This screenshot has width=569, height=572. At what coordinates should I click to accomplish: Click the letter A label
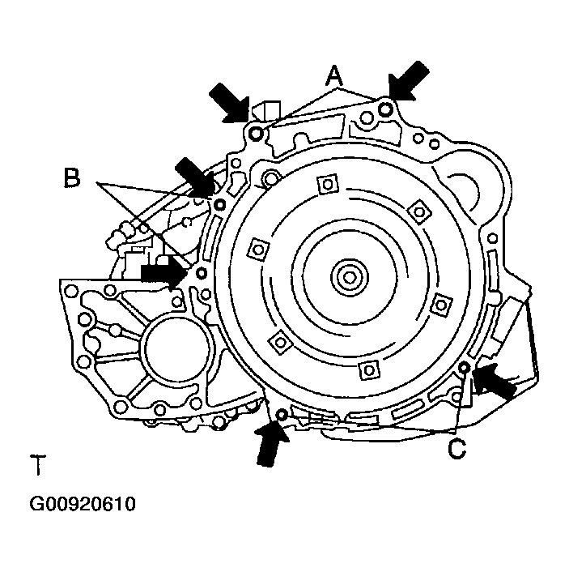pyautogui.click(x=334, y=75)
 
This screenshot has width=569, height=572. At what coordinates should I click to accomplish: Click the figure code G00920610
pyautogui.click(x=83, y=504)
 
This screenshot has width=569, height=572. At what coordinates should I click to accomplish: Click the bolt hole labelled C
pyautogui.click(x=465, y=369)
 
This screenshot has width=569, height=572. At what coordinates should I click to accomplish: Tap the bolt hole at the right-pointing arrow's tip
pyautogui.click(x=201, y=272)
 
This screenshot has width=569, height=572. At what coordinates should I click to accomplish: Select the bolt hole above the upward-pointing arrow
pyautogui.click(x=281, y=416)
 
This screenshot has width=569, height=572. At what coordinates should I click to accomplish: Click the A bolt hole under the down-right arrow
pyautogui.click(x=256, y=133)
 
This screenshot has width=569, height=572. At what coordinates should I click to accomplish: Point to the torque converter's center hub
pyautogui.click(x=350, y=278)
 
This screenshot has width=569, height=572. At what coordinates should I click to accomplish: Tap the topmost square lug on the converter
pyautogui.click(x=326, y=185)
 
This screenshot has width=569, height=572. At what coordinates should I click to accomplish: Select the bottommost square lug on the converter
pyautogui.click(x=368, y=371)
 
